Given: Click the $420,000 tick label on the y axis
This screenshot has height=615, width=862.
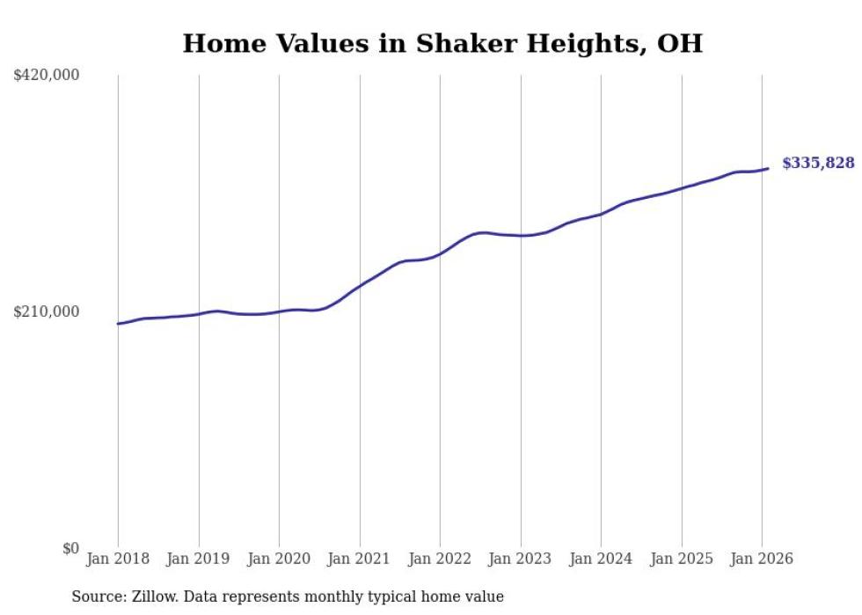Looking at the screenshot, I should click(x=47, y=76).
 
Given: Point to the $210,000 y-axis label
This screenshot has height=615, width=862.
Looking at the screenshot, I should click(x=47, y=311).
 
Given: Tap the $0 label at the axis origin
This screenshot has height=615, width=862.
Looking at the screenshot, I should click(x=70, y=548).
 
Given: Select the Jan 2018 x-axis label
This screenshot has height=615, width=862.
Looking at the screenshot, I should click(x=118, y=559).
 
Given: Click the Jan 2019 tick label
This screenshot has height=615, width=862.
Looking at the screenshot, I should click(x=199, y=559).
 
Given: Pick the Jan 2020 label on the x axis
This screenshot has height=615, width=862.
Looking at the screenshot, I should click(x=279, y=559).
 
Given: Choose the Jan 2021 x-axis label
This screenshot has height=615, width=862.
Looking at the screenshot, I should click(x=360, y=559).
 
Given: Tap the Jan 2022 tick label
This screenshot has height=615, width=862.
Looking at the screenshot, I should click(x=440, y=559).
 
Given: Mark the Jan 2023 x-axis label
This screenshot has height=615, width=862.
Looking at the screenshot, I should click(x=521, y=559).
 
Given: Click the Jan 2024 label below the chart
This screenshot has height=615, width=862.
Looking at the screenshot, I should click(x=601, y=559).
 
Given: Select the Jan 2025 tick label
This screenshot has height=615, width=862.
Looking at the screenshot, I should click(x=682, y=559).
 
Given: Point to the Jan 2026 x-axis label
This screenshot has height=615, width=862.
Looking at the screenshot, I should click(x=762, y=559).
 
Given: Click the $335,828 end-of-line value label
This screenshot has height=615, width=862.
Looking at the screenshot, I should click(x=818, y=163).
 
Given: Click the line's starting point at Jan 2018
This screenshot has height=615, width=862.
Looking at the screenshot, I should click(x=118, y=324).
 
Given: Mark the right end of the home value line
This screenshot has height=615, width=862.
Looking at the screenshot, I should click(x=768, y=168).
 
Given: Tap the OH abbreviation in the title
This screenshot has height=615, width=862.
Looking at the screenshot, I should click(x=680, y=43).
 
